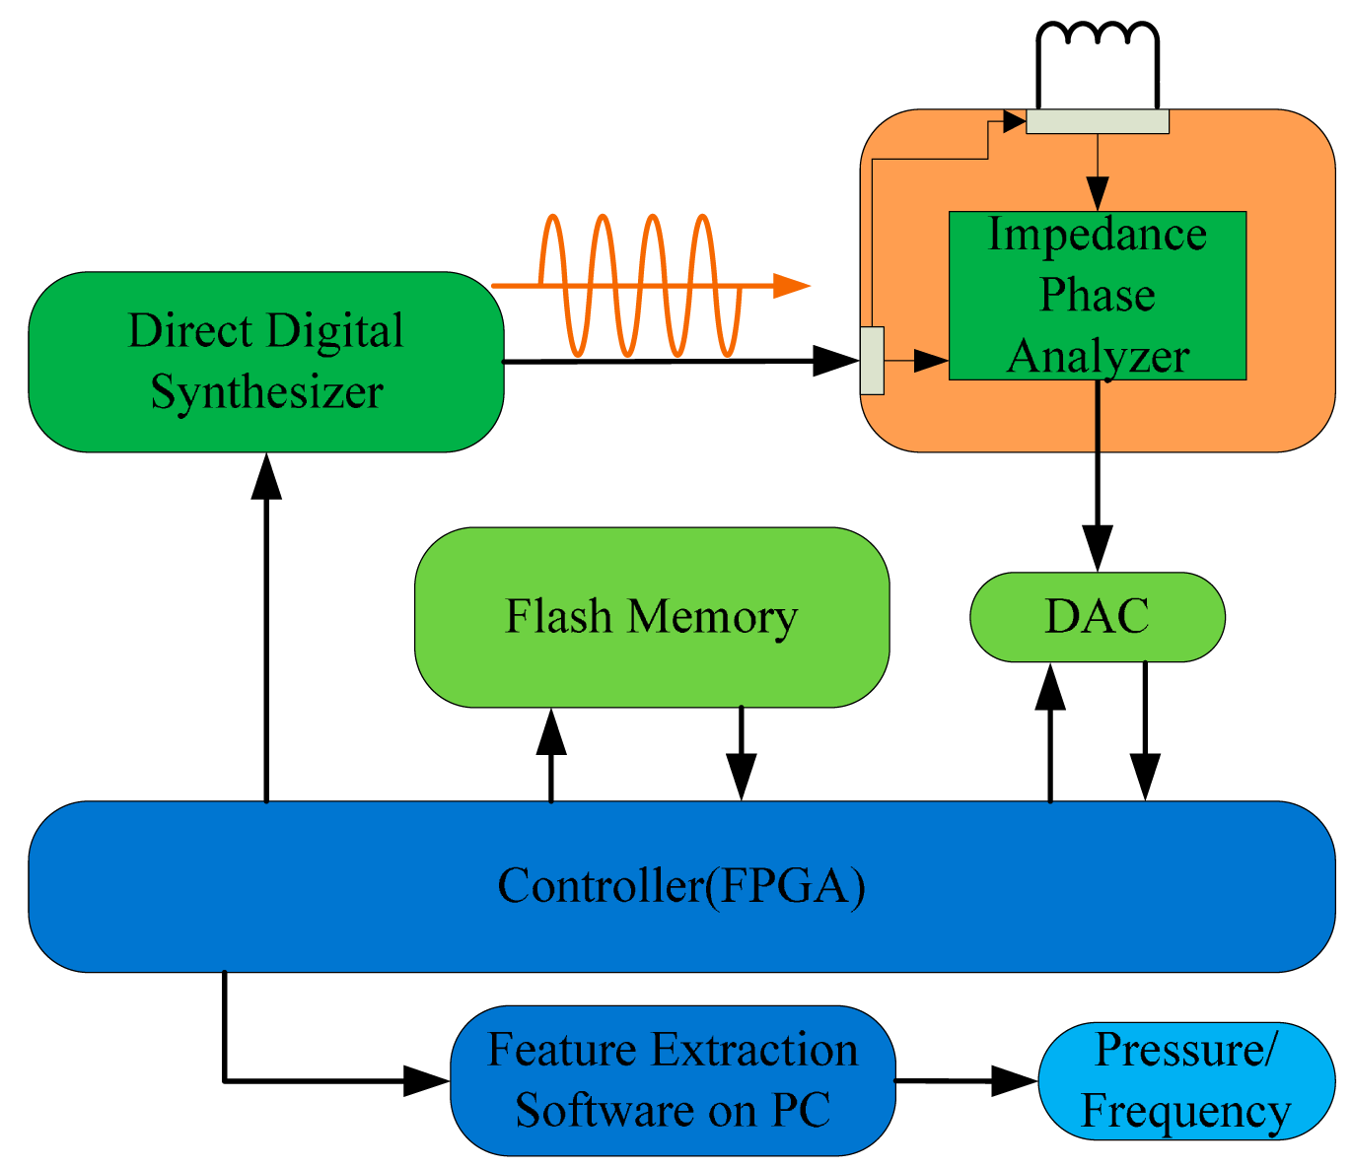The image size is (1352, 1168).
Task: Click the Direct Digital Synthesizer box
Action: pyautogui.click(x=265, y=362)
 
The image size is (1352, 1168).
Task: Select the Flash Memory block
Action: pyautogui.click(x=651, y=617)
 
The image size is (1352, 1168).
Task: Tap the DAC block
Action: pyautogui.click(x=1097, y=617)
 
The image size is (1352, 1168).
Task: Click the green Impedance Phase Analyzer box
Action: pyautogui.click(x=1097, y=296)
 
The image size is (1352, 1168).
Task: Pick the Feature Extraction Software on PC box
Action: pyautogui.click(x=673, y=1080)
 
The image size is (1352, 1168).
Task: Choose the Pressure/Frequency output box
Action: pyautogui.click(x=1185, y=1080)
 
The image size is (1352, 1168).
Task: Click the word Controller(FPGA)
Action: pyautogui.click(x=680, y=886)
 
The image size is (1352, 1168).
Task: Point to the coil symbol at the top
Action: pyautogui.click(x=1097, y=37)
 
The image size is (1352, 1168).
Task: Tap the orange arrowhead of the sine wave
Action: pyautogui.click(x=791, y=286)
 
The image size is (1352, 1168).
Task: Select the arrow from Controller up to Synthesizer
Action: pyautogui.click(x=266, y=631)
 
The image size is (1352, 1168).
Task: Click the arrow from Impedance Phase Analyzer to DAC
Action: pyautogui.click(x=1097, y=473)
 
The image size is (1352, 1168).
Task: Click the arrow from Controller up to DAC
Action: pyautogui.click(x=1050, y=734)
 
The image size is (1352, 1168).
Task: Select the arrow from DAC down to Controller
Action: pyautogui.click(x=1145, y=734)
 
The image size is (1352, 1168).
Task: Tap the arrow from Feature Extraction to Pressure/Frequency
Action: pyautogui.click(x=966, y=1081)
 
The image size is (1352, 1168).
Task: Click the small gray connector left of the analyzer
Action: pyautogui.click(x=872, y=361)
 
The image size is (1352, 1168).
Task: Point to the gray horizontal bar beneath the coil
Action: pyautogui.click(x=1097, y=121)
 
